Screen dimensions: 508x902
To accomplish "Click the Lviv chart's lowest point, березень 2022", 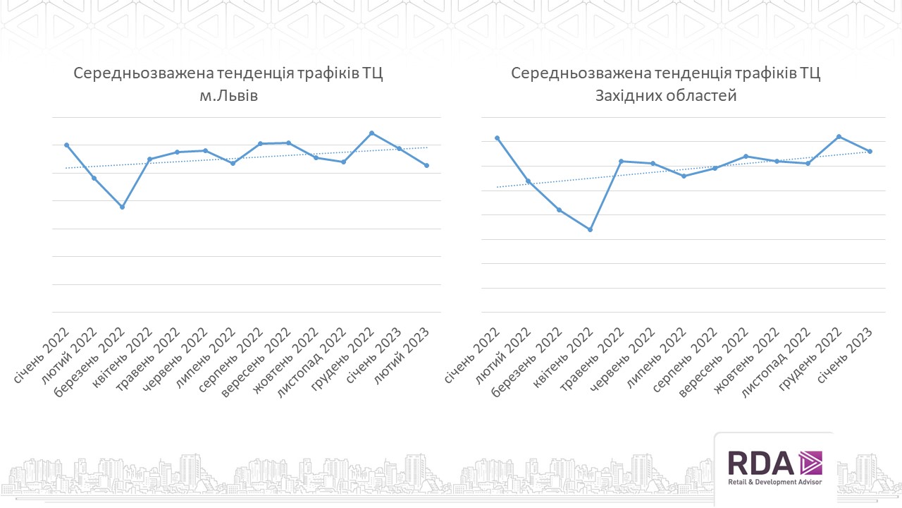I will [122, 207].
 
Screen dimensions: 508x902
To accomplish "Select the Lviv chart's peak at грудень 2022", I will [371, 133].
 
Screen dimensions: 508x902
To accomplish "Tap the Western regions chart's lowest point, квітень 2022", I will [591, 229].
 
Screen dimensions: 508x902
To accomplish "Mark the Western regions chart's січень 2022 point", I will [497, 138].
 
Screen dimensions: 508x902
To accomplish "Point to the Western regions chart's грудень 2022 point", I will [839, 136].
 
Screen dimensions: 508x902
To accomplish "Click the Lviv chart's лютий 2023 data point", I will [427, 165].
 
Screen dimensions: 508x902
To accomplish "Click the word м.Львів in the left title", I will [229, 96].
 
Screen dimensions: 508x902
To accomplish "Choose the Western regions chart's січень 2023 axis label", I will [846, 356].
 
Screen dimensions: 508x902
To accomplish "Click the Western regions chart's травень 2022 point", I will [621, 161].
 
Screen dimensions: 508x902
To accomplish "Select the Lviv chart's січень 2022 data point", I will [66, 145].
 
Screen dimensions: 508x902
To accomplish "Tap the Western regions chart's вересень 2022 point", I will [746, 156].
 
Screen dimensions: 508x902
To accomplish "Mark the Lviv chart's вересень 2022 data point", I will [288, 143].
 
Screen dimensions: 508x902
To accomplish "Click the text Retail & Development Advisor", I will [774, 483].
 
